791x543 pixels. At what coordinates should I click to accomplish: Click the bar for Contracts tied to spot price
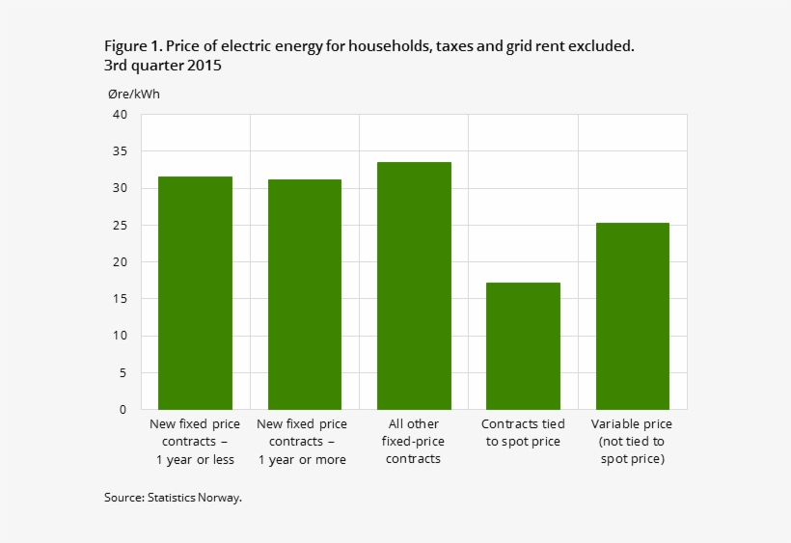[523, 345]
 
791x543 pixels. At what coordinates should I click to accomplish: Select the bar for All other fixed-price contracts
[414, 285]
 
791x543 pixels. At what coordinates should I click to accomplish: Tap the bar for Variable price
[632, 315]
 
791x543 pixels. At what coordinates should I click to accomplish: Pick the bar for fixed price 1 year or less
[196, 292]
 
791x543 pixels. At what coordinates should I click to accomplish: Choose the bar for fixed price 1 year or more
[305, 294]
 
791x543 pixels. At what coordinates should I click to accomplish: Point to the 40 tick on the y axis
[120, 115]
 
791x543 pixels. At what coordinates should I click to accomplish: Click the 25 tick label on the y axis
[120, 226]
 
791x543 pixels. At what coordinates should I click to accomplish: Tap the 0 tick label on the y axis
[123, 410]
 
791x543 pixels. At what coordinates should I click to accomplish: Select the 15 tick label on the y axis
[120, 299]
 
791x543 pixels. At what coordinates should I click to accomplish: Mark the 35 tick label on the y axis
[120, 151]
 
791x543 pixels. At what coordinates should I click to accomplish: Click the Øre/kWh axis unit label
[134, 94]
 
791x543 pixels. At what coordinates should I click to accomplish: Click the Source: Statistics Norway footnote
[173, 498]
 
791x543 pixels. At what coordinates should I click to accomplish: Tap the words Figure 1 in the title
[133, 46]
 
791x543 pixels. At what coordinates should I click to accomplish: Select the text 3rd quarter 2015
[163, 67]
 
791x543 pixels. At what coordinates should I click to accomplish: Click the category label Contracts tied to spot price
[523, 433]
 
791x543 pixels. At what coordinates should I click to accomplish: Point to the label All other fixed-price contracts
[414, 442]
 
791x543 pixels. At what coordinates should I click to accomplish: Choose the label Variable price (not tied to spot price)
[632, 442]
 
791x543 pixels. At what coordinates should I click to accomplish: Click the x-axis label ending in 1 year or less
[196, 442]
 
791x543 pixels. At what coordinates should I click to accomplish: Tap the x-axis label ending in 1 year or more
[305, 442]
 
